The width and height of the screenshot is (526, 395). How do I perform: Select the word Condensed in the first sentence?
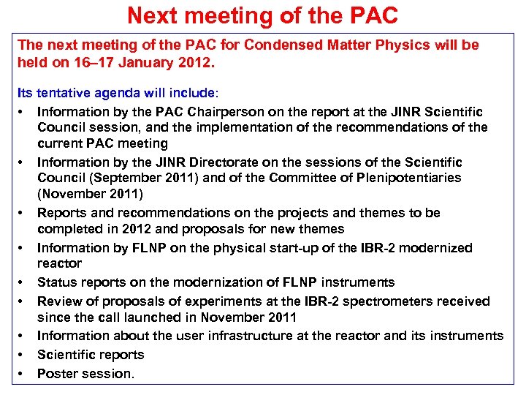pyautogui.click(x=280, y=45)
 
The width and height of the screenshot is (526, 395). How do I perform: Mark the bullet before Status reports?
pyautogui.click(x=22, y=282)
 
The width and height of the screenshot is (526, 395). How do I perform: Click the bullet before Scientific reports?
pyautogui.click(x=22, y=355)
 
